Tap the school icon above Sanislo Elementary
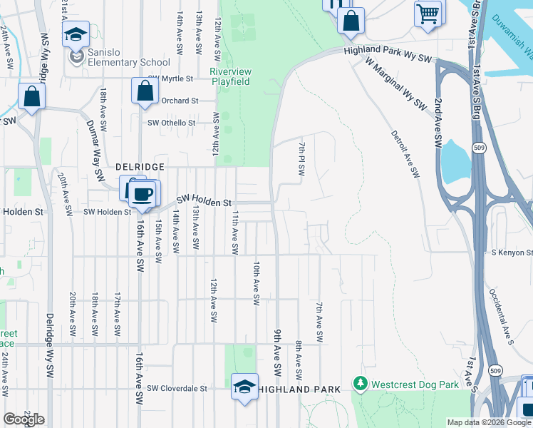pos(75,35)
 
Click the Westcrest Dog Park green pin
pos(360,385)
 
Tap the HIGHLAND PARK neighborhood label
pos(299,389)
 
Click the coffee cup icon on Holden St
pos(144,195)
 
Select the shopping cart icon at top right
pos(428,14)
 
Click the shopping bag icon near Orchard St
pos(145,91)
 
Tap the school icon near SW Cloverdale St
pos(244,387)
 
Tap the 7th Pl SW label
pos(301,159)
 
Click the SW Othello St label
pos(171,123)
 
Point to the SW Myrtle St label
pos(171,78)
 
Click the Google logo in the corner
pos(24,419)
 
